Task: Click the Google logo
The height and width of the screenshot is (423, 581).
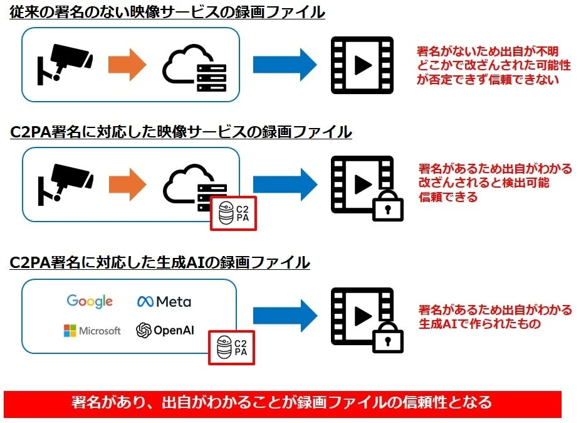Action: pyautogui.click(x=90, y=301)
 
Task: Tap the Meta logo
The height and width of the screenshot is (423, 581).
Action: pyautogui.click(x=164, y=301)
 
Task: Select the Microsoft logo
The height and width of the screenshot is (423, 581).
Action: pyautogui.click(x=92, y=331)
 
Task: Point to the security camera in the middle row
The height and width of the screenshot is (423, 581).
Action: pyautogui.click(x=65, y=182)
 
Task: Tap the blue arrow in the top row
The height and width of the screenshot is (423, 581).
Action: pyautogui.click(x=286, y=65)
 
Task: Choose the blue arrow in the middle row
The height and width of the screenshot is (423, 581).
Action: pyautogui.click(x=286, y=183)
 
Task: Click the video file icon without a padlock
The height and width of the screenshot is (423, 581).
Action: pyautogui.click(x=362, y=65)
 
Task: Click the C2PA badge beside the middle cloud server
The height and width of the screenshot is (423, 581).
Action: pyautogui.click(x=233, y=213)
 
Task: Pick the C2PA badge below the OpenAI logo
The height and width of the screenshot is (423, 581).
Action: pyautogui.click(x=233, y=347)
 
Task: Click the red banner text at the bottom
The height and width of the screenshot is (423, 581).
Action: pyautogui.click(x=282, y=402)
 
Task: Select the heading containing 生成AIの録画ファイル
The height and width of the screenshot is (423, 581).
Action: pyautogui.click(x=160, y=262)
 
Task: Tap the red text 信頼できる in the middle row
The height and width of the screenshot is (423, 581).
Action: pyautogui.click(x=448, y=197)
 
